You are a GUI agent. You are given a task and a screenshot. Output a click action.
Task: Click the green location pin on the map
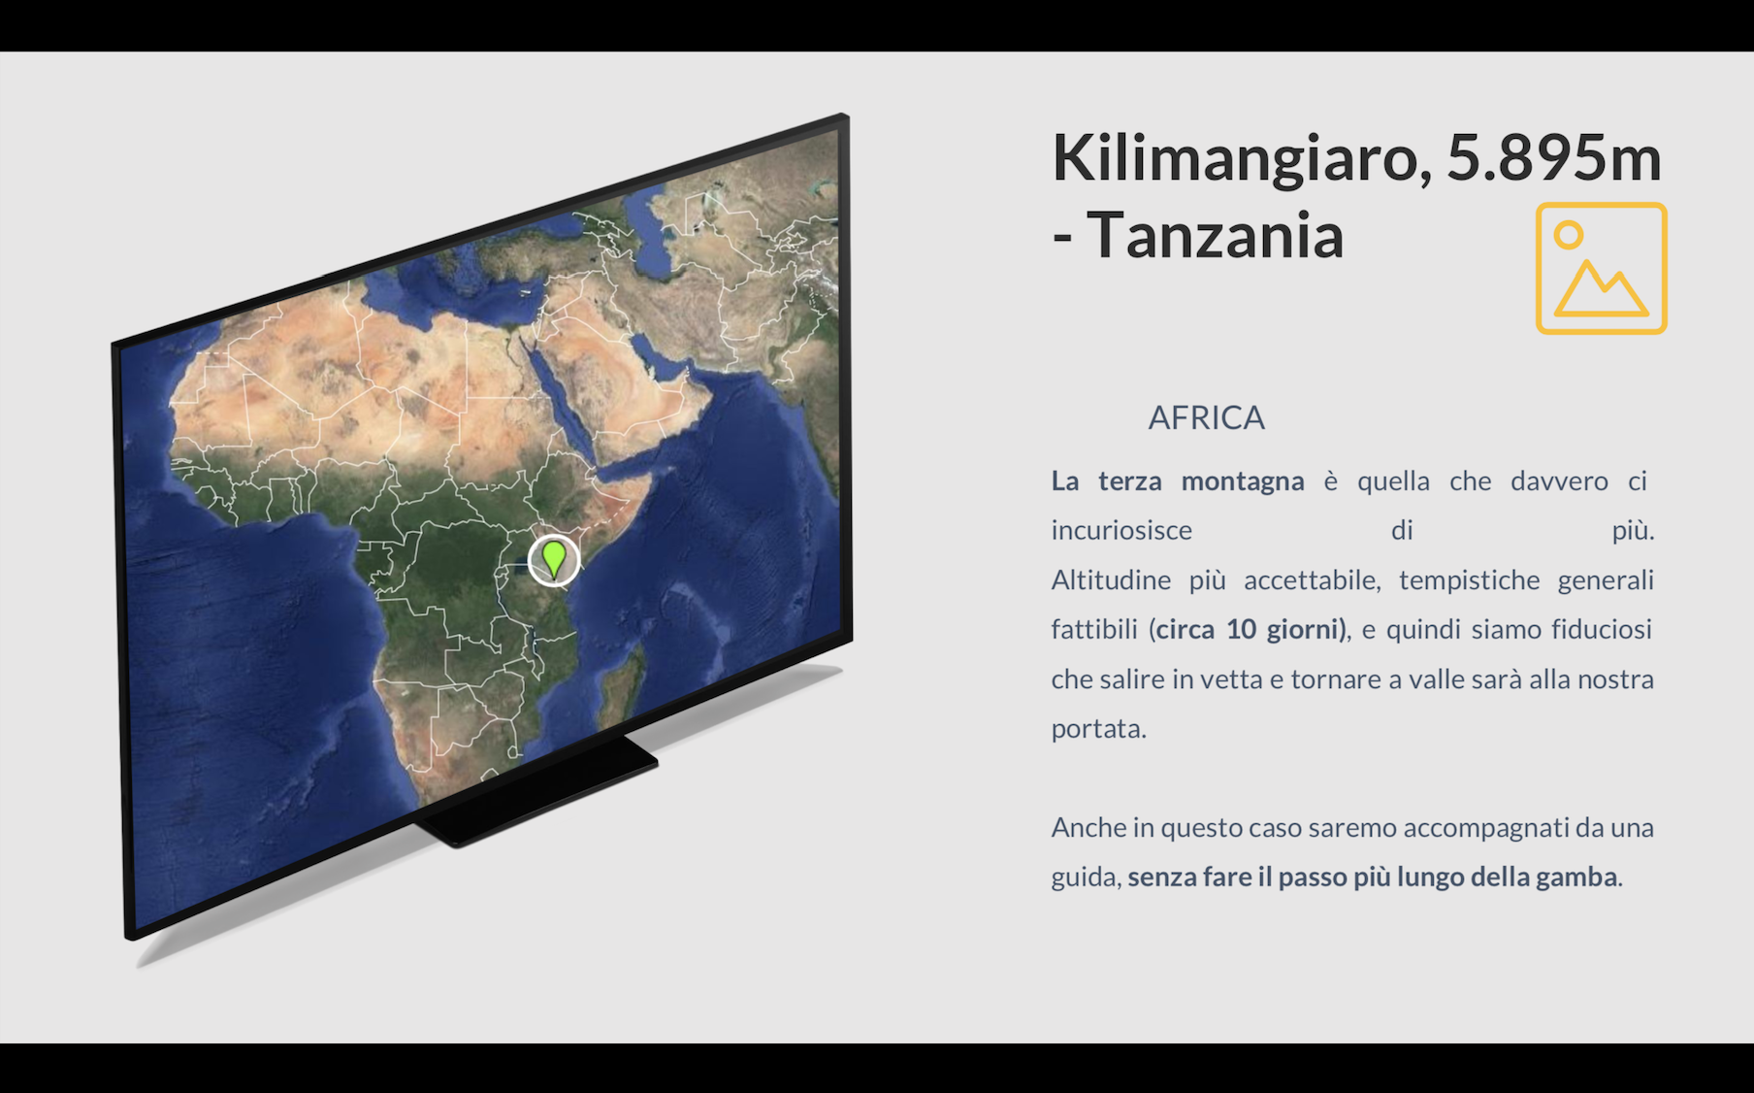coord(553,559)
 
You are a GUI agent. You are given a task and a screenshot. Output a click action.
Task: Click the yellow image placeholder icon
coord(1601,268)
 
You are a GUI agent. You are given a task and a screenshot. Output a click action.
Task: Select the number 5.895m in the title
coord(1554,157)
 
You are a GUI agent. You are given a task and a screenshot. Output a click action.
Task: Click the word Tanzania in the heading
coord(1215,235)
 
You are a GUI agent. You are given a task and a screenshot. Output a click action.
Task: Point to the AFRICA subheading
coord(1206,417)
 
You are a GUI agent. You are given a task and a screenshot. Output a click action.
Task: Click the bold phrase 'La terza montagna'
coord(1178,481)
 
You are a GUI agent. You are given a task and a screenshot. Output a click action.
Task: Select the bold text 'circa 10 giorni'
coord(1249,629)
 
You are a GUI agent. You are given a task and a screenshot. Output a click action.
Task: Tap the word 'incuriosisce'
coord(1121,530)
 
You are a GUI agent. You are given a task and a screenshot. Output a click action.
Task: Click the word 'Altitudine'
coord(1111,580)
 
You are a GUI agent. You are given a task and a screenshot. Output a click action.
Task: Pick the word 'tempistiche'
coord(1470,580)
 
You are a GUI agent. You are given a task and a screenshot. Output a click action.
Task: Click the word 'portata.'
coord(1099,729)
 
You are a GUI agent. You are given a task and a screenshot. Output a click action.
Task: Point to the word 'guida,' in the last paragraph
coord(1087,878)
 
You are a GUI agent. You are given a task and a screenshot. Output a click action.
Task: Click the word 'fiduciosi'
coord(1602,629)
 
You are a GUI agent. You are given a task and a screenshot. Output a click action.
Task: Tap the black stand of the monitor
coord(538,792)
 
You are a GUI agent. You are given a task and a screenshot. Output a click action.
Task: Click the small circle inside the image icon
coord(1569,235)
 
